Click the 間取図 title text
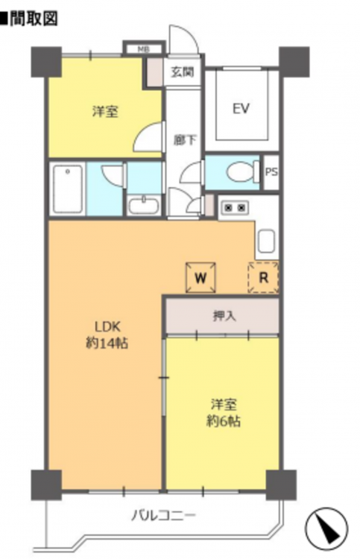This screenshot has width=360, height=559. point(34,19)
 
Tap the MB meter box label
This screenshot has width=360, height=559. point(144,49)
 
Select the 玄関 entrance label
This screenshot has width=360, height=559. point(182,72)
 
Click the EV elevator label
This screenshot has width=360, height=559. point(241,108)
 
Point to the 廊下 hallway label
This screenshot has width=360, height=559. point(184,140)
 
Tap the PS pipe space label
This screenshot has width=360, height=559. point(271,172)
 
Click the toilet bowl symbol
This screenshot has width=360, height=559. point(243,172)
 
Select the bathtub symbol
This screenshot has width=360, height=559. point(67,189)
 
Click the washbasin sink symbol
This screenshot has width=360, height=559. point(144,206)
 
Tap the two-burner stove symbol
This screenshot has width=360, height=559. point(234,206)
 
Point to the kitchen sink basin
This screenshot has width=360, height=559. point(266,241)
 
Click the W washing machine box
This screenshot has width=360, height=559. point(200,277)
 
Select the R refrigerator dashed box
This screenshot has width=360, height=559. point(263,277)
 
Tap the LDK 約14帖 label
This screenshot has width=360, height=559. point(107,335)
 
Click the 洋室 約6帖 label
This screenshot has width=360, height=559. point(224,413)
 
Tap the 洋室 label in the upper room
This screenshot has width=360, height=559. point(105,112)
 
